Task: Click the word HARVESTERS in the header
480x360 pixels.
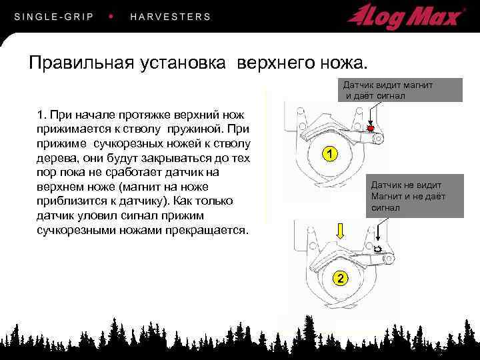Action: (171, 17)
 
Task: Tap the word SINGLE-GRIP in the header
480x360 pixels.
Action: (54, 17)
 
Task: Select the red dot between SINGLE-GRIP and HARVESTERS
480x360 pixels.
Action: (111, 16)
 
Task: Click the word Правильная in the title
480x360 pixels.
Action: (81, 63)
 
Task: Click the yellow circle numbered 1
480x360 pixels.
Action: (330, 154)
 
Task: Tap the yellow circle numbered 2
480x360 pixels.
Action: (340, 278)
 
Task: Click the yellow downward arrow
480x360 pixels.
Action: (340, 231)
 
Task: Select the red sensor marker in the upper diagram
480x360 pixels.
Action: (371, 127)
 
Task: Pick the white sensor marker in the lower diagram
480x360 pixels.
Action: (378, 249)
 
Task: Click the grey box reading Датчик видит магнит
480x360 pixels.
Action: (400, 90)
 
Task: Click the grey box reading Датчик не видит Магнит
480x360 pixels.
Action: (415, 196)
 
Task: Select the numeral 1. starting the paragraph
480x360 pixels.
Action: (41, 115)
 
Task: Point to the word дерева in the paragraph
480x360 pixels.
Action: (57, 158)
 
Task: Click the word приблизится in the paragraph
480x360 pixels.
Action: (71, 201)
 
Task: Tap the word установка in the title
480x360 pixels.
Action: (183, 63)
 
